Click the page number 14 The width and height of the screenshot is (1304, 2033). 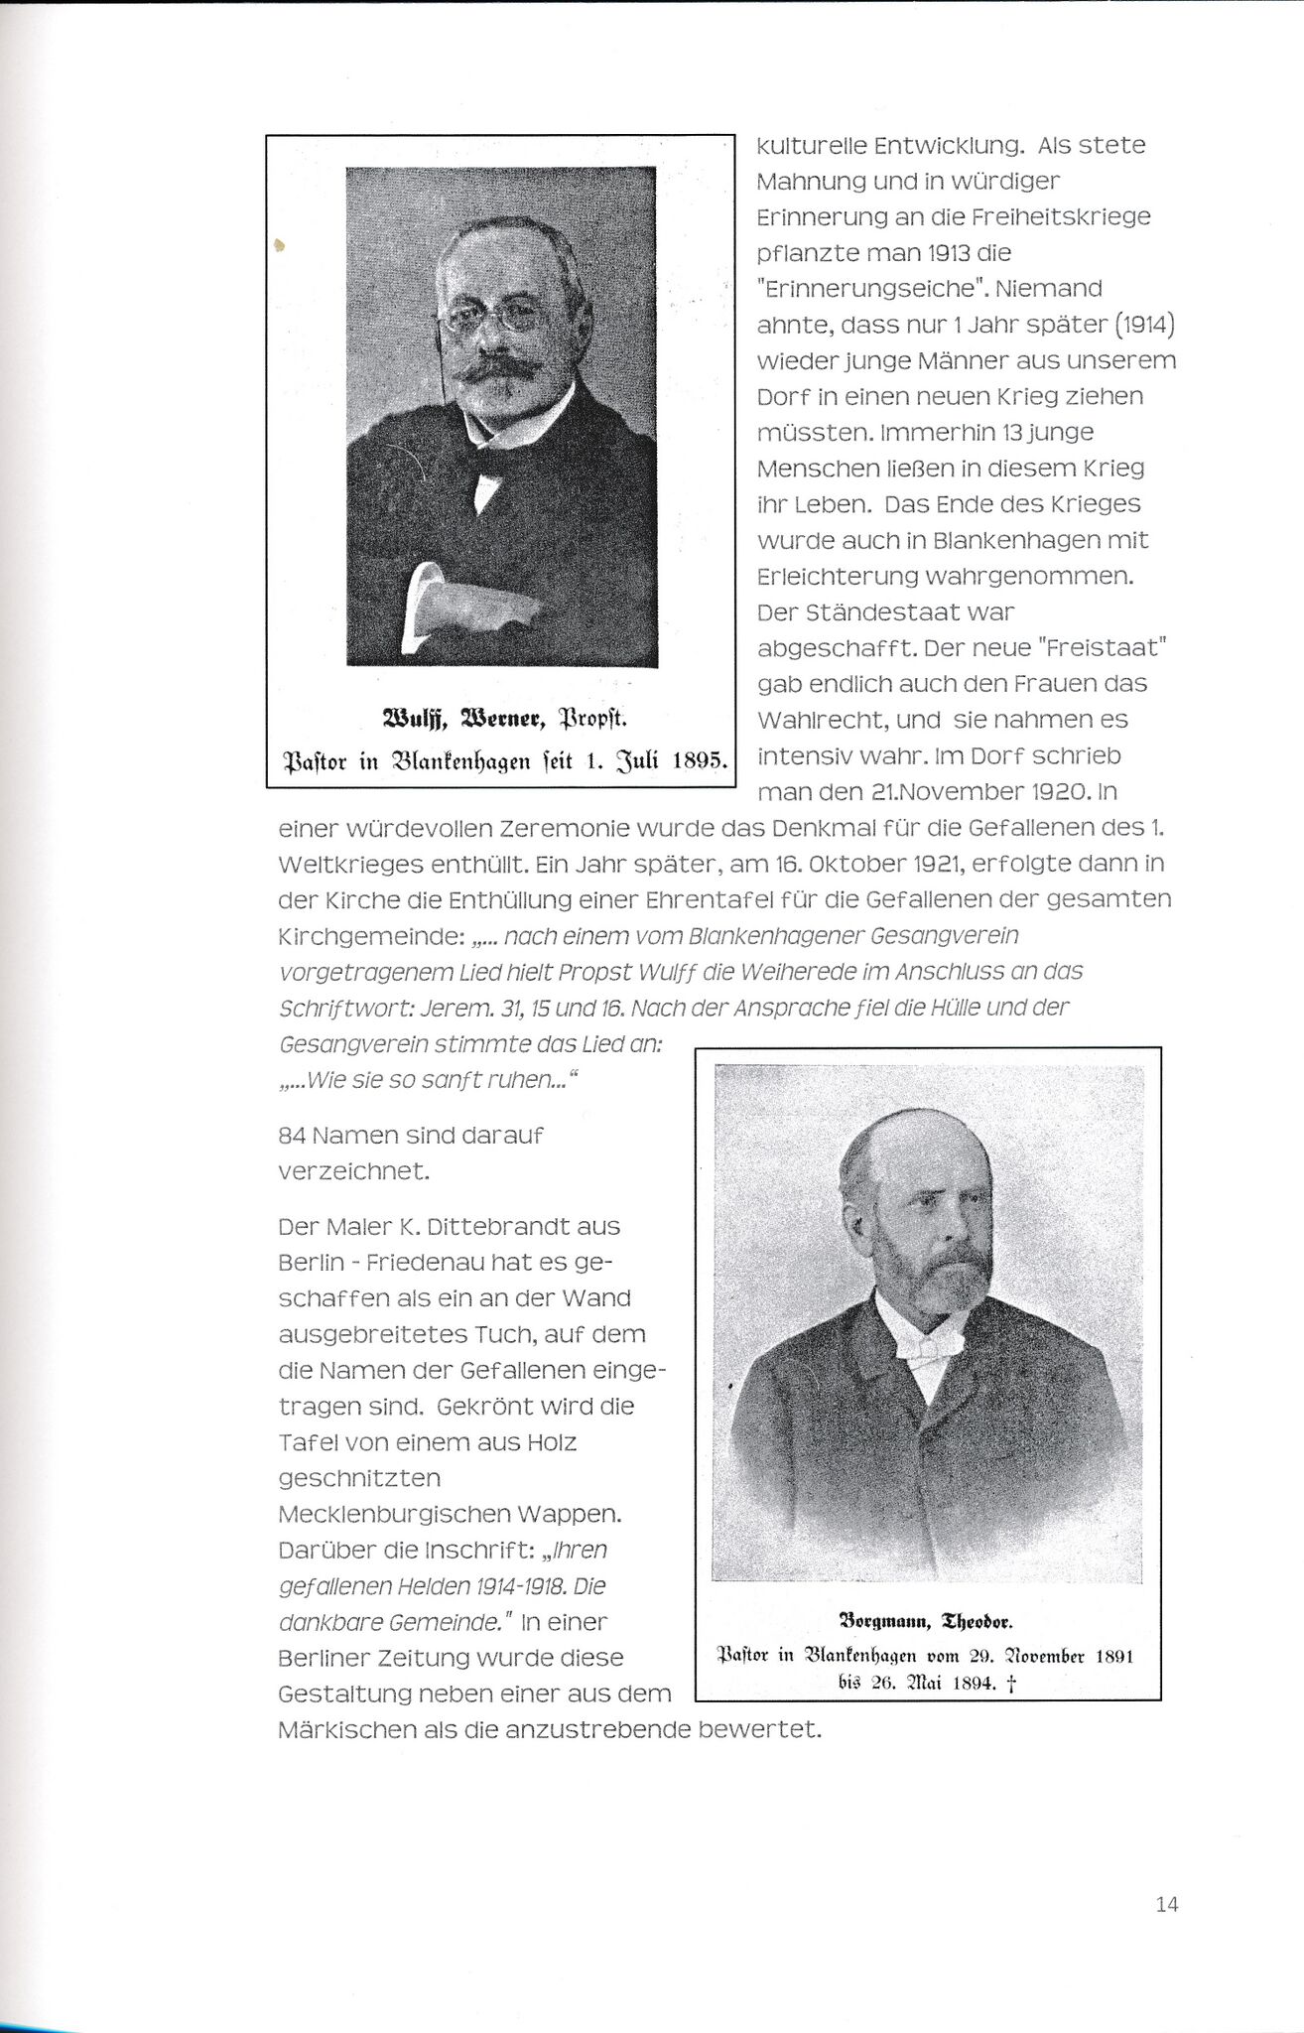pos(1167,1905)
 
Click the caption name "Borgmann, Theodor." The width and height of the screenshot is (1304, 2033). pos(925,1623)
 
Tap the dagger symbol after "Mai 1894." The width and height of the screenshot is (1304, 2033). pos(1011,1683)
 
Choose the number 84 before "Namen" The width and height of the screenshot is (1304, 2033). pos(293,1135)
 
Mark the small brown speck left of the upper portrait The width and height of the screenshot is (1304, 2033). pos(281,243)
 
